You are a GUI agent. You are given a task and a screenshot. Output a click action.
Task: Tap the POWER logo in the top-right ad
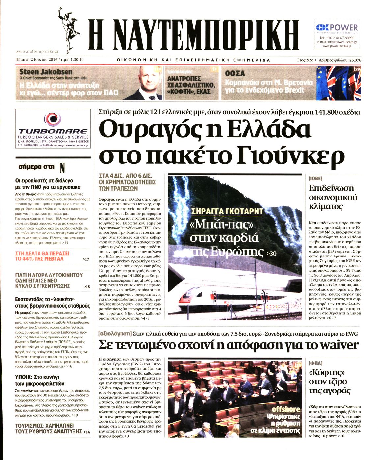[x=337, y=28]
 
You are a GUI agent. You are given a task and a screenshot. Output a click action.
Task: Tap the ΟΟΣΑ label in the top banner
[x=235, y=73]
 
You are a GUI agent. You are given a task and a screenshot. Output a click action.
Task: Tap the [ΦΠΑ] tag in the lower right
[x=315, y=363]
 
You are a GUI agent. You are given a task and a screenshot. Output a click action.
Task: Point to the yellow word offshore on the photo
[x=286, y=409]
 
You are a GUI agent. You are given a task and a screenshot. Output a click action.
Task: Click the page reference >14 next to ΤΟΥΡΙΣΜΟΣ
[x=86, y=432]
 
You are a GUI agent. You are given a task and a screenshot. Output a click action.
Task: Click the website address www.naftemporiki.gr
[x=37, y=51]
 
